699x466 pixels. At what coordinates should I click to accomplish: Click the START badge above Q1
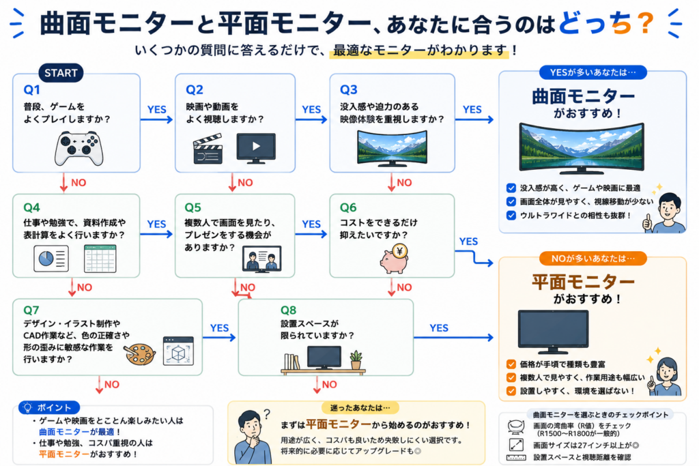point(61,73)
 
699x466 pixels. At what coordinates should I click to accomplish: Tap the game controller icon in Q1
point(79,148)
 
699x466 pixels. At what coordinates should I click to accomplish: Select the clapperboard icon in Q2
point(208,149)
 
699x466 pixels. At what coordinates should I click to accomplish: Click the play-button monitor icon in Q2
point(256,148)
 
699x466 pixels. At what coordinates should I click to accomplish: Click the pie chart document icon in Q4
point(51,259)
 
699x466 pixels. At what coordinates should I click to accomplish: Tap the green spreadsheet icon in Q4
point(100,259)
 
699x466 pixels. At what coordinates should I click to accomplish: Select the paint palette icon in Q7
point(139,354)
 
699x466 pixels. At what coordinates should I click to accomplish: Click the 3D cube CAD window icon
point(178,351)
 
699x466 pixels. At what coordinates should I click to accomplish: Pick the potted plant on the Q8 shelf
point(356,360)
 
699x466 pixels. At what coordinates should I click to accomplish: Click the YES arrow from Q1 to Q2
point(156,119)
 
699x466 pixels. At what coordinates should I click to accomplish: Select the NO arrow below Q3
point(391,183)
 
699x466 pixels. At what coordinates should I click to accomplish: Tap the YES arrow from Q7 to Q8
point(219,337)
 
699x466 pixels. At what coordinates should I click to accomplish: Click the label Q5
point(193,207)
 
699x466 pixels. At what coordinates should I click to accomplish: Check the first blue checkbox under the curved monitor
point(511,188)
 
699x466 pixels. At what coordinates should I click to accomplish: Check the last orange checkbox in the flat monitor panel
point(511,391)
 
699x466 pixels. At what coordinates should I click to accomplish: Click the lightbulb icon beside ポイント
point(27,407)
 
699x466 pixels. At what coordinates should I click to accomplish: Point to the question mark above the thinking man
point(267,414)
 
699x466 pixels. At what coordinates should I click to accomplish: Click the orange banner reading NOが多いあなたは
point(593,259)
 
